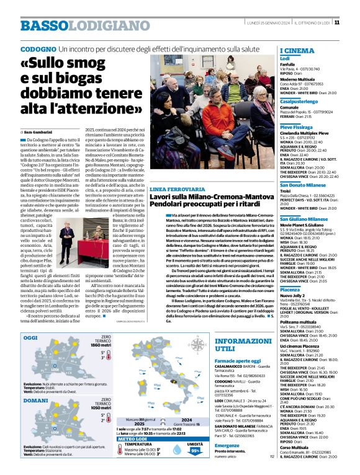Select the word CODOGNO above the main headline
point(38,48)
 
